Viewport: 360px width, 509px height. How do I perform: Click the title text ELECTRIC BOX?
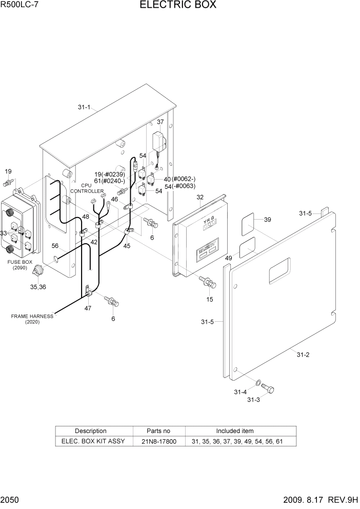click(x=177, y=6)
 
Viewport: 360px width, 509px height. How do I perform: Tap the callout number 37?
click(x=161, y=122)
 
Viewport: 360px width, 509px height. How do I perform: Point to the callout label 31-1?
click(x=84, y=107)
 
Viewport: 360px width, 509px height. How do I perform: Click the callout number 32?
click(x=200, y=198)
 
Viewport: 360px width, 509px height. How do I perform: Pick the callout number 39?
click(x=267, y=220)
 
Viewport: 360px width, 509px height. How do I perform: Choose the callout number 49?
click(x=228, y=258)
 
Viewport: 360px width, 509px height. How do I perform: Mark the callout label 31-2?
click(x=303, y=355)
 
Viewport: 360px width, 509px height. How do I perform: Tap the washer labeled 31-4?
click(x=259, y=383)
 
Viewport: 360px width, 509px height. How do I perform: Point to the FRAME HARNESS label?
click(x=32, y=317)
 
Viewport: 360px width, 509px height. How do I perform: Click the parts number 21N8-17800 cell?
click(x=159, y=441)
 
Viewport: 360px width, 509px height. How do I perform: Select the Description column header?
click(x=91, y=431)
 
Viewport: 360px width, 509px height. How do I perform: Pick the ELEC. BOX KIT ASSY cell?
click(x=93, y=441)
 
